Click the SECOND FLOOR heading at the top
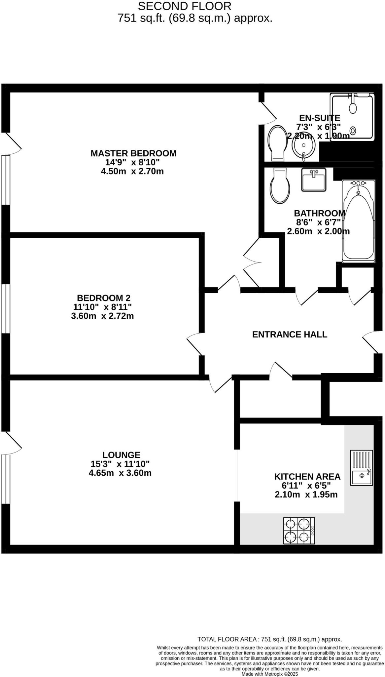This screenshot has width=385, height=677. (185, 6)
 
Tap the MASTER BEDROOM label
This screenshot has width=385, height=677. (133, 153)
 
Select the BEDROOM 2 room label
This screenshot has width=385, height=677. (103, 297)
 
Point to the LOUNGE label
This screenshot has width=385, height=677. (121, 455)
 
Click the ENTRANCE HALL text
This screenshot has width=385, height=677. (290, 334)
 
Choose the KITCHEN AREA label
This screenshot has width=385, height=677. (307, 476)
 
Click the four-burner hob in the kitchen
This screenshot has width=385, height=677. (299, 531)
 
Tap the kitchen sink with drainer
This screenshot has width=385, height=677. (362, 468)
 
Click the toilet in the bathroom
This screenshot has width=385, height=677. (280, 186)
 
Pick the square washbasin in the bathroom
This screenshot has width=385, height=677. (313, 179)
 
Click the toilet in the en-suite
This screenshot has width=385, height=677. (278, 143)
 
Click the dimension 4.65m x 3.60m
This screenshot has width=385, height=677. (120, 473)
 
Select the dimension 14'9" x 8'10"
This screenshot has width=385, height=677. (132, 162)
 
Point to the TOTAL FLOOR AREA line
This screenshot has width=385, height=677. (269, 639)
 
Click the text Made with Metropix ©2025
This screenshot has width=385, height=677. (269, 674)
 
